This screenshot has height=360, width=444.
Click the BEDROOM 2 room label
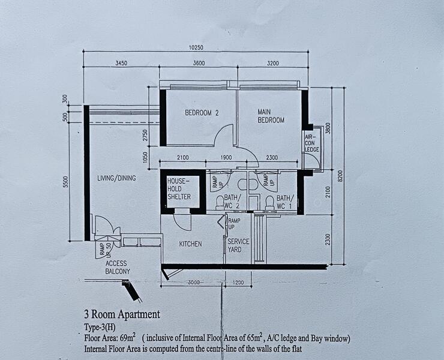(202, 113)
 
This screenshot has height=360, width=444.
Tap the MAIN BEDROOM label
(271, 116)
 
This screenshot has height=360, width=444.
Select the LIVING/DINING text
(116, 178)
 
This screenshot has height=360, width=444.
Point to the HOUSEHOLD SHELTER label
(179, 188)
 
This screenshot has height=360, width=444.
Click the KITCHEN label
(190, 244)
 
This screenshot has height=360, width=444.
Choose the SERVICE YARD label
(238, 245)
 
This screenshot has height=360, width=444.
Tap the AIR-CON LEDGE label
(311, 143)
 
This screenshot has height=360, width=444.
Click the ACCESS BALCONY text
(117, 267)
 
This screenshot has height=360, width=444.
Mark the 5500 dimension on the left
(65, 181)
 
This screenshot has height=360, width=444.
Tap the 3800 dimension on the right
(328, 128)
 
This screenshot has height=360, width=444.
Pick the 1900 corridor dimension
(226, 157)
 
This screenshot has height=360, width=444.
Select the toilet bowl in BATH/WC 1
(269, 200)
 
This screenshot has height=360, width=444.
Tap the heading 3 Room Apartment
(122, 314)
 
